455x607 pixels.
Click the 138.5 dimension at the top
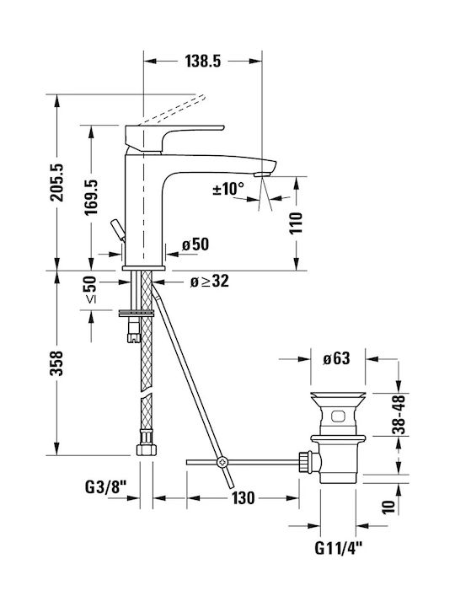pyautogui.click(x=203, y=61)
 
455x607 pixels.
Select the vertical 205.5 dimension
pyautogui.click(x=57, y=182)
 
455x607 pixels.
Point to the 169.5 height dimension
pyautogui.click(x=91, y=197)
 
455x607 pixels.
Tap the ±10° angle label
pyautogui.click(x=228, y=189)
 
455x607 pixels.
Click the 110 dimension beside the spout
pyautogui.click(x=296, y=223)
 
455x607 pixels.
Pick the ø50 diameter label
pyautogui.click(x=195, y=244)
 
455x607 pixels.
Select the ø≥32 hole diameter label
pyautogui.click(x=209, y=281)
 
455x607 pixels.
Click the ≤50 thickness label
pyautogui.click(x=90, y=289)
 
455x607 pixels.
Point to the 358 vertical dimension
pyautogui.click(x=57, y=363)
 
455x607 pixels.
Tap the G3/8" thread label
pyautogui.click(x=105, y=487)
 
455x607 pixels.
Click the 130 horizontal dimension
pyautogui.click(x=244, y=498)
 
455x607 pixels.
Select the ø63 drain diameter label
pyautogui.click(x=336, y=358)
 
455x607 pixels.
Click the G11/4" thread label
pyautogui.click(x=339, y=548)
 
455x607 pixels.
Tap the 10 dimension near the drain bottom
pyautogui.click(x=388, y=507)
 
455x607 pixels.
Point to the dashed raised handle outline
pyautogui.click(x=172, y=110)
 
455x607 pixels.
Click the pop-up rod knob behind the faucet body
pyautogui.click(x=118, y=230)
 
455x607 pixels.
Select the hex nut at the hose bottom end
pyautogui.click(x=147, y=449)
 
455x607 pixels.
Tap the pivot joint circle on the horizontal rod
pyautogui.click(x=222, y=462)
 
